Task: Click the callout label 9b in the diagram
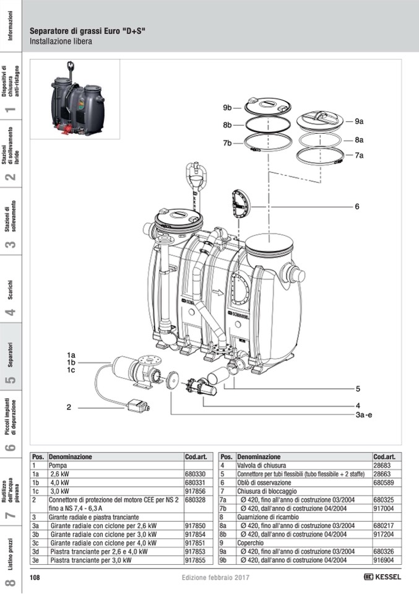click(227, 108)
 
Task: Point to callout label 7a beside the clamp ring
click(359, 155)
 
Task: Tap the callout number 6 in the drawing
click(357, 206)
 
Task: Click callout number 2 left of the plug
click(70, 407)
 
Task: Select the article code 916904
click(383, 560)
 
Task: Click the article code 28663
click(381, 473)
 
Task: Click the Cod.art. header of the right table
click(384, 456)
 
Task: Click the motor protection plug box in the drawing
click(138, 407)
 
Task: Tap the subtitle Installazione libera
click(61, 41)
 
